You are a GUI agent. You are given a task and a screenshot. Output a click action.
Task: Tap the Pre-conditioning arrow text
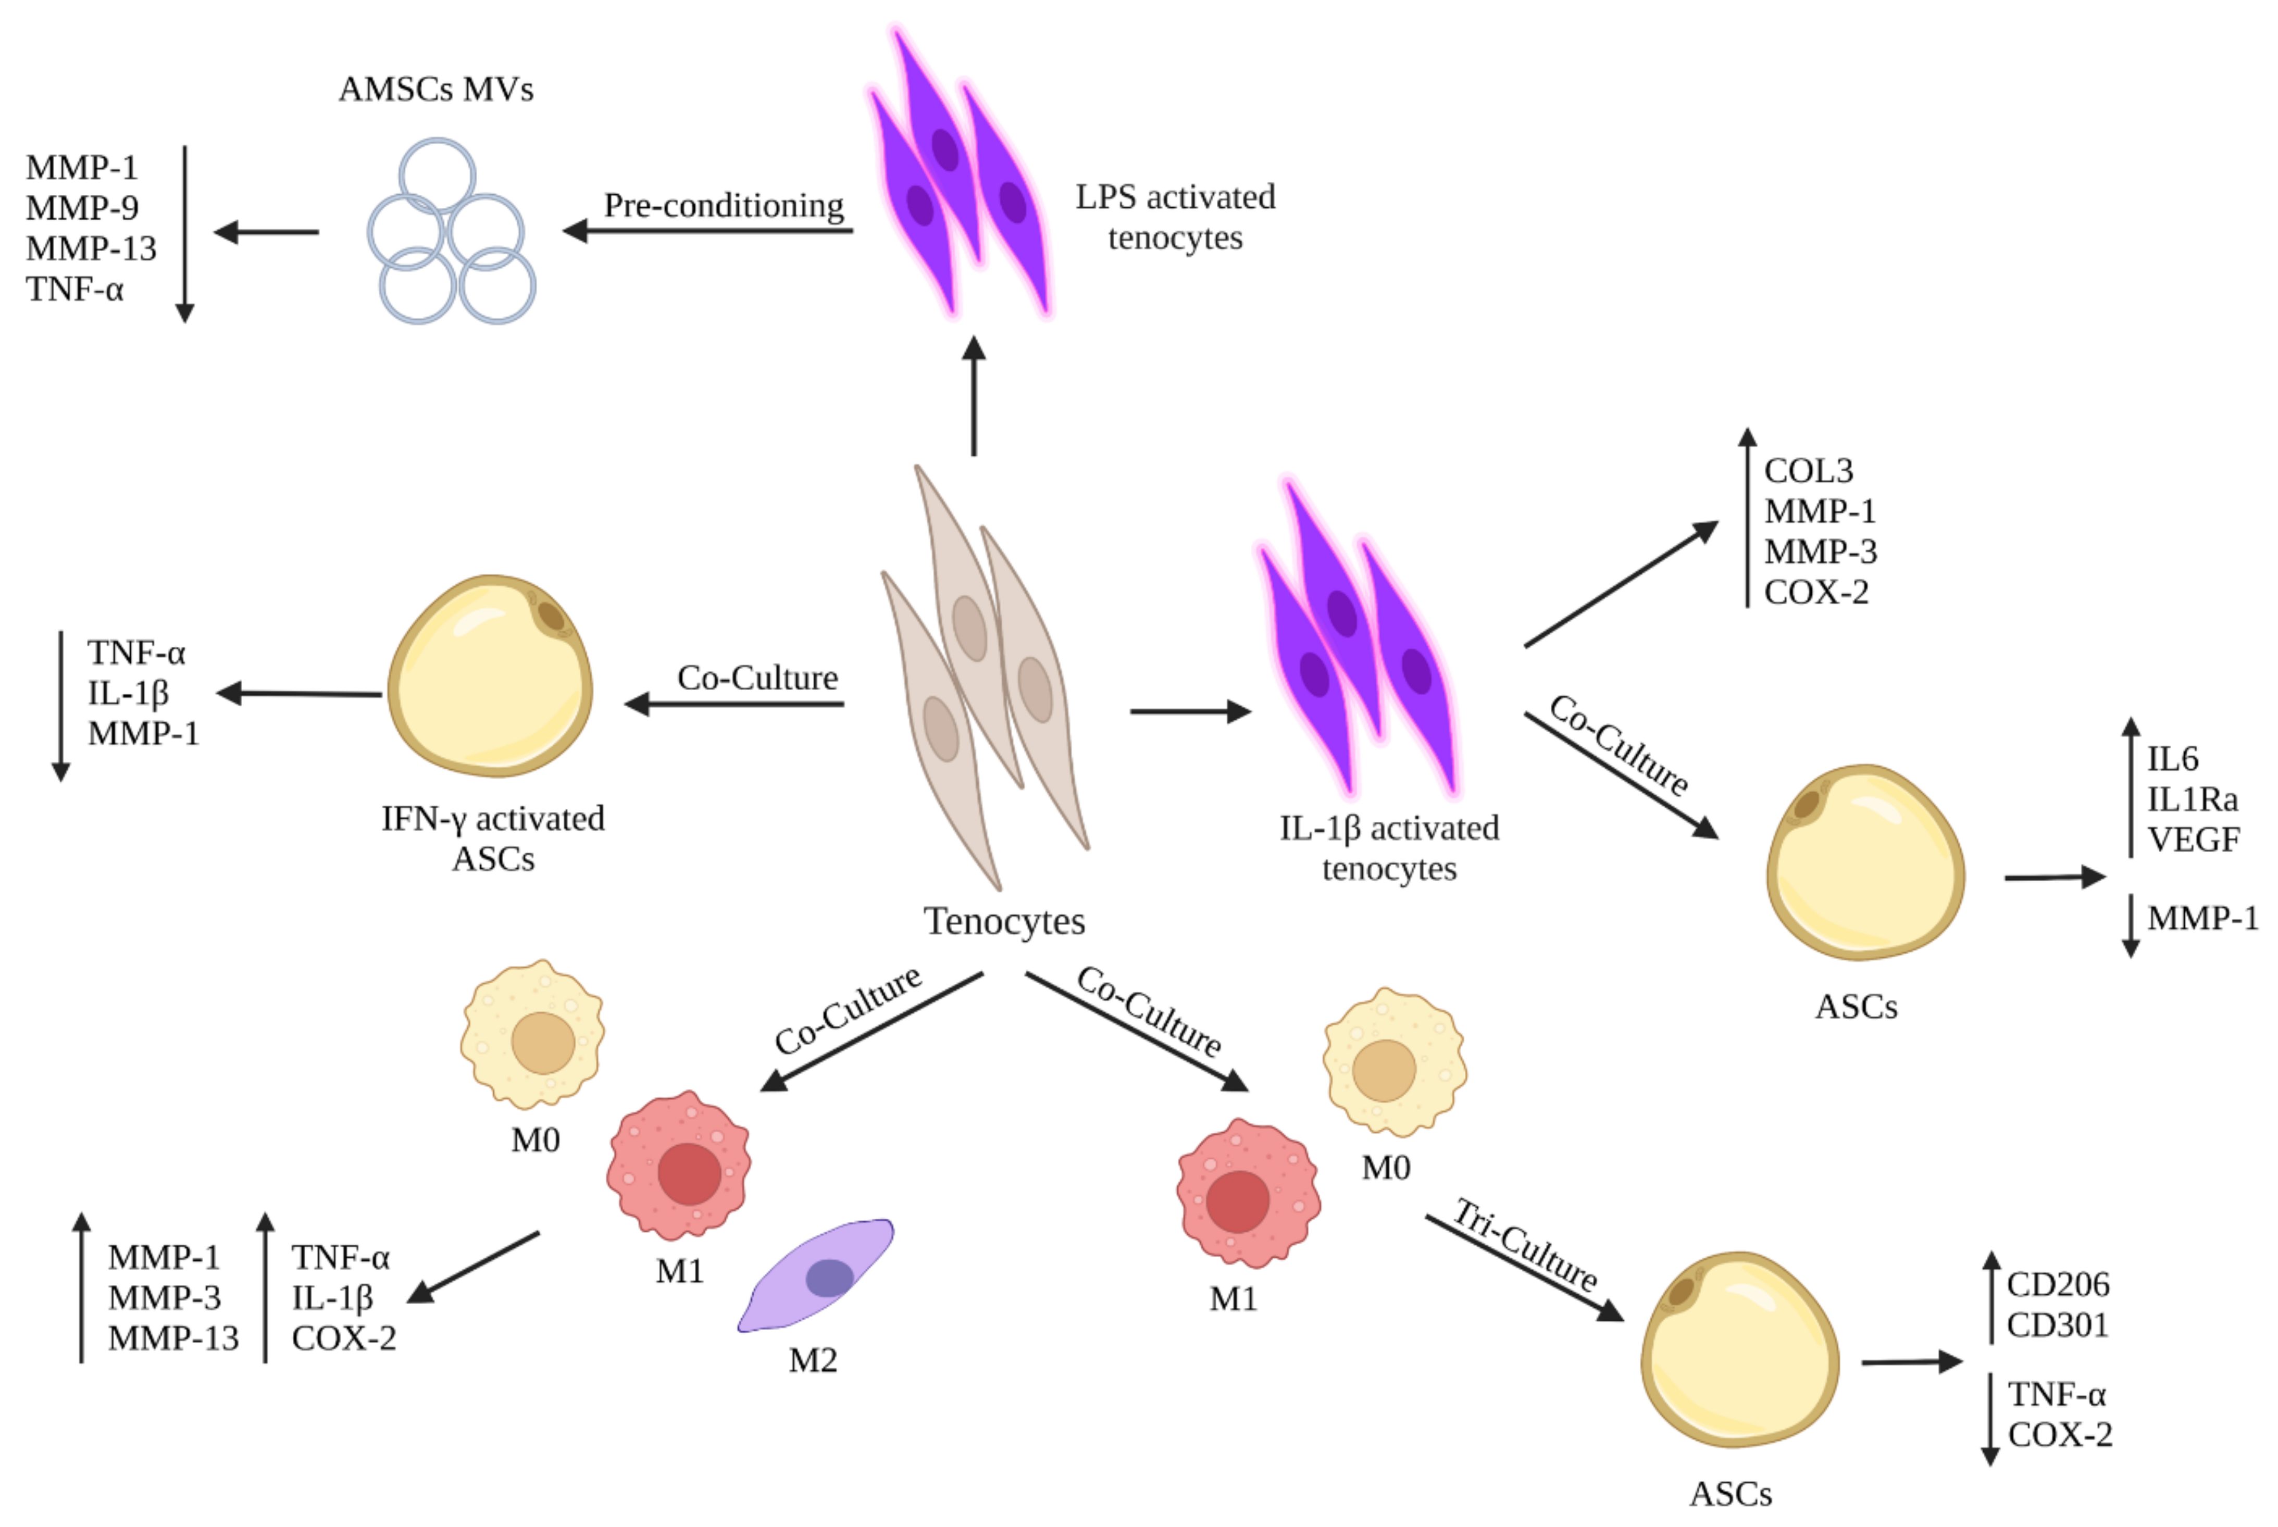(724, 206)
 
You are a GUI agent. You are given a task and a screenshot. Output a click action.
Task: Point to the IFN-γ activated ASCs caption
(493, 838)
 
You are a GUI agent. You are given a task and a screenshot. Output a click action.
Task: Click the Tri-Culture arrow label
(1525, 1246)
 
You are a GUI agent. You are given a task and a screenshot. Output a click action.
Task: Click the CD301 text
(2057, 1325)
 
